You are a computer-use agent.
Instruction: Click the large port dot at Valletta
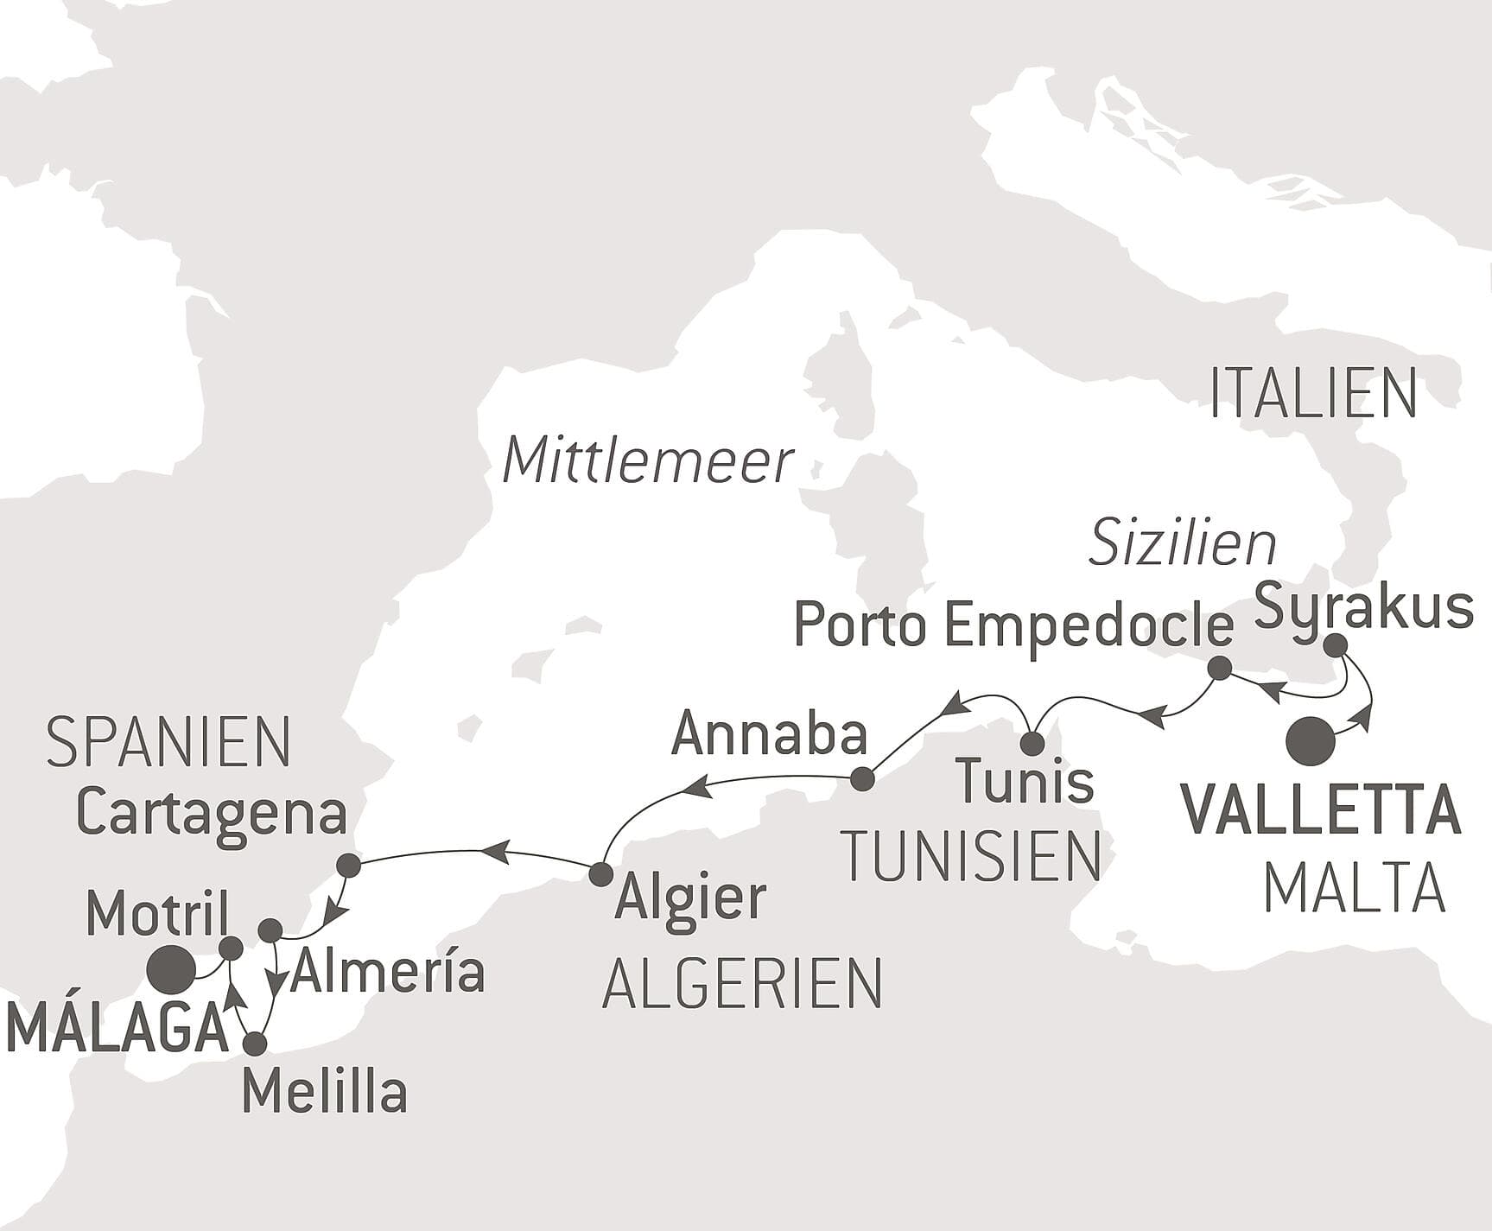(x=1311, y=741)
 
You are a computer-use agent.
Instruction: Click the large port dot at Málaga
(x=169, y=970)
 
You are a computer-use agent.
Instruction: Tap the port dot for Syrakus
(x=1335, y=644)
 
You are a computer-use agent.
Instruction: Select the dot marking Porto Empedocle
(x=1219, y=667)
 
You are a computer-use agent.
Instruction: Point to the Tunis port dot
(x=1032, y=743)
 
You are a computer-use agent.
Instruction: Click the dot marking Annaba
(x=862, y=779)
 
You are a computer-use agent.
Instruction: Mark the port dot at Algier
(x=600, y=874)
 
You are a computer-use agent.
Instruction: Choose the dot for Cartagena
(x=348, y=866)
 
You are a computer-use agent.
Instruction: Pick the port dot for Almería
(x=270, y=930)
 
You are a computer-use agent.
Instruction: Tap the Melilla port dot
(x=255, y=1044)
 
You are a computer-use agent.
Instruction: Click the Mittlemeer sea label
(x=647, y=461)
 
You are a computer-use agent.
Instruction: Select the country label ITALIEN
(x=1312, y=394)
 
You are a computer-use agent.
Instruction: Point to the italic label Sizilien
(x=1182, y=544)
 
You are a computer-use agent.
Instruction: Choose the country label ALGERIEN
(x=742, y=984)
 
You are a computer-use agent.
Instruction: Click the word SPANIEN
(x=168, y=743)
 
